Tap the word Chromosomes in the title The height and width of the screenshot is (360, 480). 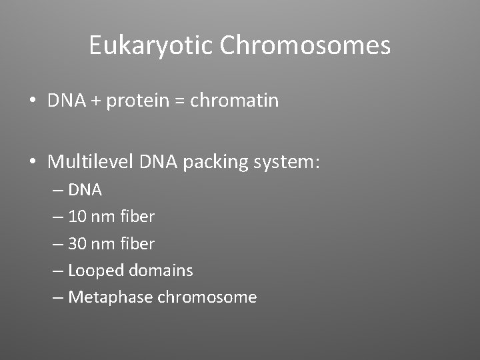[305, 45]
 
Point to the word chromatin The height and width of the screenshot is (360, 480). [235, 101]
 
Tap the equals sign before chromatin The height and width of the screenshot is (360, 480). [181, 101]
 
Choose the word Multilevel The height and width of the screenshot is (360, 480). [91, 161]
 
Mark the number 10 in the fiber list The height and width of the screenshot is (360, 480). [77, 217]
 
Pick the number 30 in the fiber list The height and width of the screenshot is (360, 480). [77, 244]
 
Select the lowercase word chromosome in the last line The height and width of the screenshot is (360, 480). [207, 297]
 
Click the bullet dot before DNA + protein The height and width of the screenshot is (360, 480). [33, 101]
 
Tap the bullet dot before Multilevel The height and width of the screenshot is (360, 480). [33, 162]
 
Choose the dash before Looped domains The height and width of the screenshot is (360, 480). [58, 271]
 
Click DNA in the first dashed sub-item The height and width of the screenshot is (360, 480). [85, 190]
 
